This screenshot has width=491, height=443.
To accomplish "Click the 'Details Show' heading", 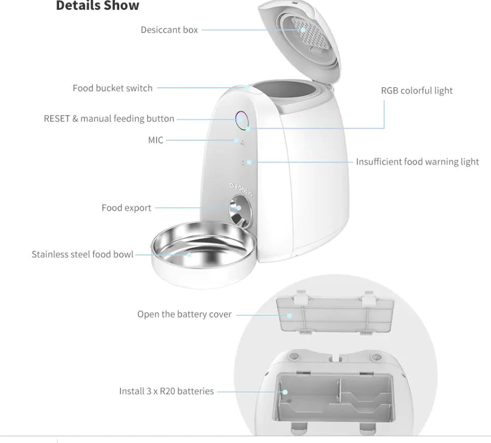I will (x=97, y=6).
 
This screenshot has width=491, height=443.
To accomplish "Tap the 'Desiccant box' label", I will (x=169, y=30).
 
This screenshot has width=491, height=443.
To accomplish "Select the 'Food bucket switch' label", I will (x=113, y=88).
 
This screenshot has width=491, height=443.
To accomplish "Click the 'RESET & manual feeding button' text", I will (x=109, y=118).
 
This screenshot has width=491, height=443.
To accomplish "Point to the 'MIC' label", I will (x=155, y=140).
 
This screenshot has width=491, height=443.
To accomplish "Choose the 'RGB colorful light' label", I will (x=416, y=91).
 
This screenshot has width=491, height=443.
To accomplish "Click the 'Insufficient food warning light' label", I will (x=417, y=162).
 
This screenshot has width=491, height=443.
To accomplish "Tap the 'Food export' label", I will (x=126, y=208).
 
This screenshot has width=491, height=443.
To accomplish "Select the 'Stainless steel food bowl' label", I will (x=82, y=254).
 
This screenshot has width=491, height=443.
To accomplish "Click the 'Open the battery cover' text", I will (x=184, y=314).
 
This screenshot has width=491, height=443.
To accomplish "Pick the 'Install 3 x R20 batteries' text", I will (x=166, y=391).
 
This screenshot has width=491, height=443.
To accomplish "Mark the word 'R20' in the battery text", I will (x=167, y=391).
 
